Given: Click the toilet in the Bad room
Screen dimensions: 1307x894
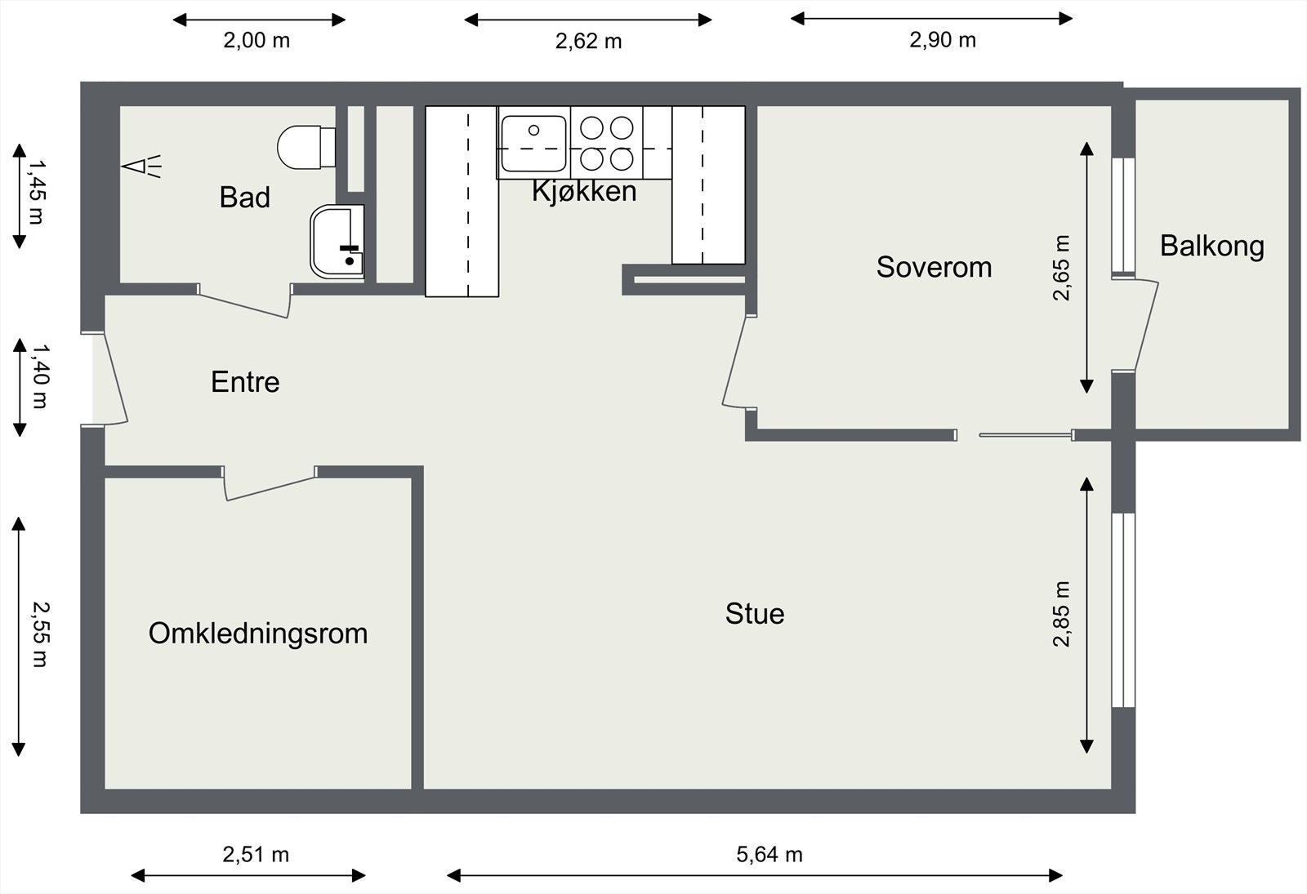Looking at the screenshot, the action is tap(306, 147).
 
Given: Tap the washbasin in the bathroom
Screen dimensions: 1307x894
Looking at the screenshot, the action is tap(337, 241).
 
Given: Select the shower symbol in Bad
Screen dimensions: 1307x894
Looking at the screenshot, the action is tap(141, 167).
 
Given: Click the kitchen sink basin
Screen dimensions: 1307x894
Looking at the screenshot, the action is tap(533, 144).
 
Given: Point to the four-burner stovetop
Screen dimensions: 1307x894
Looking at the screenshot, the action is tap(607, 143).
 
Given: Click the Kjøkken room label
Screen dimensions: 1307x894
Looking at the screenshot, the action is tap(584, 191).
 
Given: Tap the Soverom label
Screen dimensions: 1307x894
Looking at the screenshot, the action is tap(934, 267).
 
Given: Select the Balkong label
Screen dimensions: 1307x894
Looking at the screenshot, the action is tap(1212, 246).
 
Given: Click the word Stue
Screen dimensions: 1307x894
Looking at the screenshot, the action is tap(755, 613).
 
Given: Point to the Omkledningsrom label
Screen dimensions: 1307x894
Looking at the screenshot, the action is tap(258, 634).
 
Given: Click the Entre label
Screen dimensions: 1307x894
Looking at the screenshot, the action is tap(245, 382).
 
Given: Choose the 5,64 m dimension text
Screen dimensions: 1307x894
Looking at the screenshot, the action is tap(769, 854).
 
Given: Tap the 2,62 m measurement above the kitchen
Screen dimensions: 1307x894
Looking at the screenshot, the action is tap(588, 42).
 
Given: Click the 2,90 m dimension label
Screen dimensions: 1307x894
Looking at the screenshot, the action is tap(943, 40).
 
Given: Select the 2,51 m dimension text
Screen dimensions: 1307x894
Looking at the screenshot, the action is tap(256, 854).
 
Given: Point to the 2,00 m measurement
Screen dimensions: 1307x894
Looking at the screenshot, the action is tap(256, 40).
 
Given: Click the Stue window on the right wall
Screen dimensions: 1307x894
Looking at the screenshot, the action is tap(1123, 610).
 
